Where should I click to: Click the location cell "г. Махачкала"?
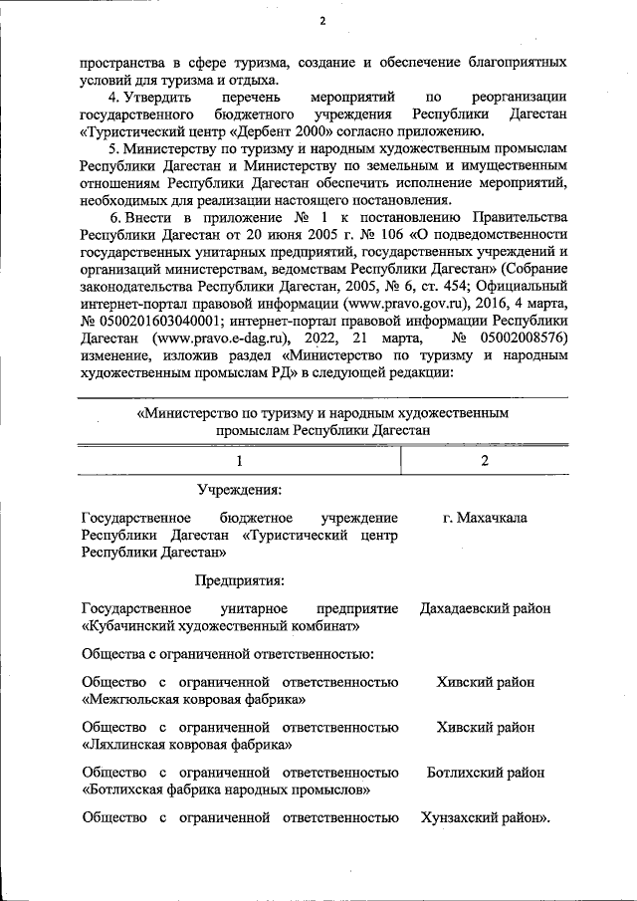(485, 518)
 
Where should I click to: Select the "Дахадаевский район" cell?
(485, 608)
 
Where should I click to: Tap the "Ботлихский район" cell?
(485, 772)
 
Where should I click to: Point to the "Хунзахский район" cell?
(485, 817)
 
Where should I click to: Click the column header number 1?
(239, 460)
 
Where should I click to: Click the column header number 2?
(485, 460)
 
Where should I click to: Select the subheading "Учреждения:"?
(238, 490)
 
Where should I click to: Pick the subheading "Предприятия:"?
(239, 580)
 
